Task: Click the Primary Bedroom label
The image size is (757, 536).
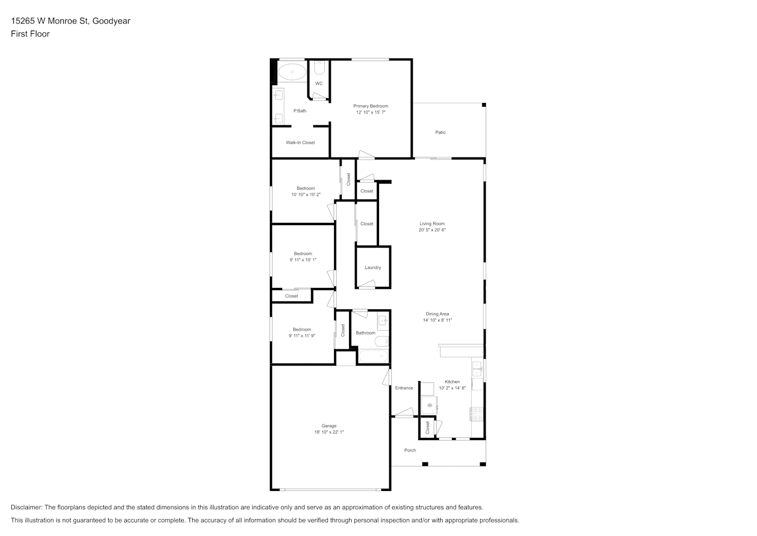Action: [x=370, y=106]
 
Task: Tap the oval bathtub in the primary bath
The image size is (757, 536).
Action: [x=292, y=72]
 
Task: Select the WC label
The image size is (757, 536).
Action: [x=319, y=84]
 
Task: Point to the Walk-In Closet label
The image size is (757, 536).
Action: [x=300, y=143]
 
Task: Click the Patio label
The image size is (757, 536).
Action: [x=440, y=132]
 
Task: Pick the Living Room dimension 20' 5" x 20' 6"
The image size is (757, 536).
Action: [x=432, y=230]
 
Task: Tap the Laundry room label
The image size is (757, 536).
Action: [x=373, y=267]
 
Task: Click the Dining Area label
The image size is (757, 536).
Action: [x=437, y=314]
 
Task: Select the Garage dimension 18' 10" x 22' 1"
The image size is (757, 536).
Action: [x=329, y=432]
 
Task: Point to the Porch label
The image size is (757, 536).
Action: [x=410, y=450]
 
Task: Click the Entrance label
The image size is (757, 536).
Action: [x=404, y=388]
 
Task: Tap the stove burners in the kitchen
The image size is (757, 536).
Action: [x=477, y=414]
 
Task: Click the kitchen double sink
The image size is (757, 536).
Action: [x=477, y=369]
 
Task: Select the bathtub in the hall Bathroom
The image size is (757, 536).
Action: [x=373, y=356]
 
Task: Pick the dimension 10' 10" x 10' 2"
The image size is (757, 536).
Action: [x=306, y=195]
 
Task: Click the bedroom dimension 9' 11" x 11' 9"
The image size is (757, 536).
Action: [x=301, y=336]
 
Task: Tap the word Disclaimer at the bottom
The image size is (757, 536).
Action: [x=27, y=507]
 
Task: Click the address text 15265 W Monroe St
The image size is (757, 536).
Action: [x=50, y=21]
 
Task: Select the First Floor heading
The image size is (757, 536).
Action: [x=30, y=34]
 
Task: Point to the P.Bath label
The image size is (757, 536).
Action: [x=300, y=110]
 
